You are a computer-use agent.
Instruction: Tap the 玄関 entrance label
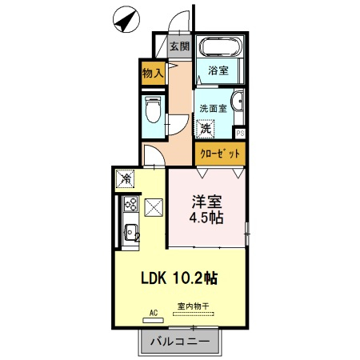(180, 46)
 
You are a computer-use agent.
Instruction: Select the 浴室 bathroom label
(218, 71)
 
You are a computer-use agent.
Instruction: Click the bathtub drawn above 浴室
(218, 47)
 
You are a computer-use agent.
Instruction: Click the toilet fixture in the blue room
(152, 108)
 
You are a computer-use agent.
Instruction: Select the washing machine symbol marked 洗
(206, 128)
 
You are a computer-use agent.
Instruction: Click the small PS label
(240, 133)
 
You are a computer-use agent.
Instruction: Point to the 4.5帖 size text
(206, 218)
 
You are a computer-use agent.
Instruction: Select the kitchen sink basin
(131, 235)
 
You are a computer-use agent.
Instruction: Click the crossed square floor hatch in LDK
(154, 208)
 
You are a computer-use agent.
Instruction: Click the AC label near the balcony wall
(154, 313)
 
